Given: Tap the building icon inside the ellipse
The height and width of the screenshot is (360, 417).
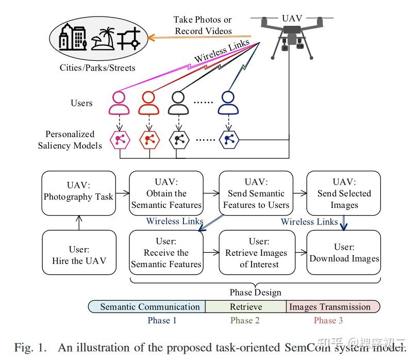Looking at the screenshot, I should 71,37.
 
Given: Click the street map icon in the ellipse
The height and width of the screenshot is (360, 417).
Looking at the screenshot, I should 129,38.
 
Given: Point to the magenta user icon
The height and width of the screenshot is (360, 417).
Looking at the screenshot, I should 119,103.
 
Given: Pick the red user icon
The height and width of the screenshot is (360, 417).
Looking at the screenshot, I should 148,103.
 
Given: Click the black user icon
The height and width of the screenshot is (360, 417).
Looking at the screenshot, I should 178,103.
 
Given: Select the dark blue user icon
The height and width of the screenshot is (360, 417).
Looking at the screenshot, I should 228,103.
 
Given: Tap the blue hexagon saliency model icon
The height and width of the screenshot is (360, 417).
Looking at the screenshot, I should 228,139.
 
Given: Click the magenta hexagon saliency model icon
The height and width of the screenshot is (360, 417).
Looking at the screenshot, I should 120,139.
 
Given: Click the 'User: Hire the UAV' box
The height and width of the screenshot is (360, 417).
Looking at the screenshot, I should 78,251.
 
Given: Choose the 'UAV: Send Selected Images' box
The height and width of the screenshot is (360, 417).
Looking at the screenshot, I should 344,193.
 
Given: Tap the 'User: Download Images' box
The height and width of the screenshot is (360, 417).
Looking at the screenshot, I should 344,252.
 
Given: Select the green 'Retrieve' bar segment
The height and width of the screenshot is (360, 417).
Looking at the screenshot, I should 245,306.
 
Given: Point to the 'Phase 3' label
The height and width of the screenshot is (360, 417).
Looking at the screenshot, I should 328,320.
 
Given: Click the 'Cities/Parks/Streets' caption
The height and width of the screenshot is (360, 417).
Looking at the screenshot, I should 97,68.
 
